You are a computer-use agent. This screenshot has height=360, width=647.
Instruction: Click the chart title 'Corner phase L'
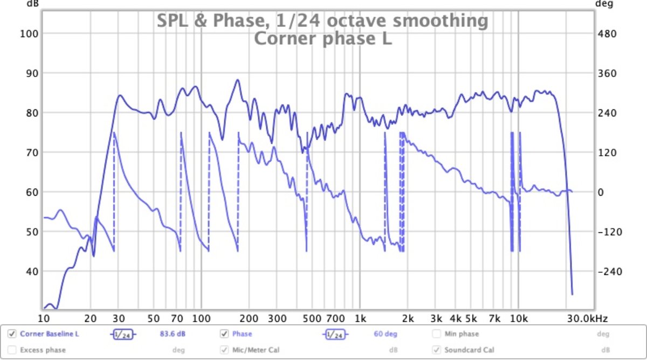[322, 39]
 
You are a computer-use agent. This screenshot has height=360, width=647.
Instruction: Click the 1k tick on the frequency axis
[360, 318]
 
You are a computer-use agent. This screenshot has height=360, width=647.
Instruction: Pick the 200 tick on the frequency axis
[249, 318]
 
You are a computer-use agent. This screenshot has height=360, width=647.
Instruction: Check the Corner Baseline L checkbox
[12, 334]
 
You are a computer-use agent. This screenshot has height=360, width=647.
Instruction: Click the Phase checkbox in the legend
[224, 334]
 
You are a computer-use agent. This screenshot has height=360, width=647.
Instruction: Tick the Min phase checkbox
[437, 334]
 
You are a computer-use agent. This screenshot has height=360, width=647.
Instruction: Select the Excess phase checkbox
[12, 350]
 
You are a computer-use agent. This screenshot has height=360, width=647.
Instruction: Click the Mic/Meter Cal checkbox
[224, 350]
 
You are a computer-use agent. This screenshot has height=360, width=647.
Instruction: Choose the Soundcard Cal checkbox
[437, 350]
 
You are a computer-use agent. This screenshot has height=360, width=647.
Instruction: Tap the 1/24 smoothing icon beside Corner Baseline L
[123, 335]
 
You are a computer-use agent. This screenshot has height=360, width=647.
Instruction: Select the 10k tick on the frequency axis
[519, 318]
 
